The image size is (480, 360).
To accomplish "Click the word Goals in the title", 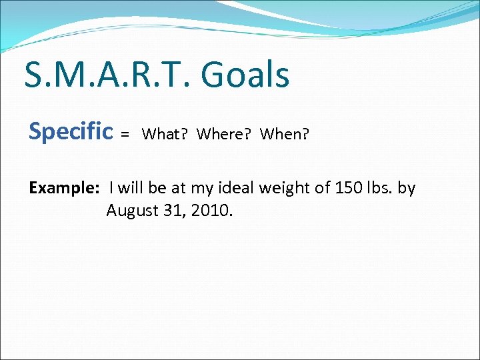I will [x=245, y=75].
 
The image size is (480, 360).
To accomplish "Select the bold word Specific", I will [x=71, y=132].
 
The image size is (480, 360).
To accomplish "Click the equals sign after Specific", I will [x=125, y=135].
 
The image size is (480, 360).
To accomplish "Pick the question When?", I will [x=285, y=134].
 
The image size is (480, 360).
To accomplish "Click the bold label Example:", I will [x=64, y=189].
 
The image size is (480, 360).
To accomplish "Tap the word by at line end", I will [x=407, y=189].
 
